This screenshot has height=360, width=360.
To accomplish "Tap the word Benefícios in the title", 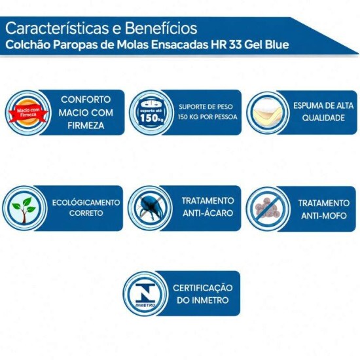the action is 161,28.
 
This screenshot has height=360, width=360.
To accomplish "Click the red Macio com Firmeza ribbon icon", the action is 28,113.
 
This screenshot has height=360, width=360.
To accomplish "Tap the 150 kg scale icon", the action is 152,113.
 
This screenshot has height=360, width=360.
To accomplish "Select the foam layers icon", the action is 268,113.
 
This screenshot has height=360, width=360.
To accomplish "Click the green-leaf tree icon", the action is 24,209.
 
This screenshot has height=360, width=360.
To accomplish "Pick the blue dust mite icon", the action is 151,208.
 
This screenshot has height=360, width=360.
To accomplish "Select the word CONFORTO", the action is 86,99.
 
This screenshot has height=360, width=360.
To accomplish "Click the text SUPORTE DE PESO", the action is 206,107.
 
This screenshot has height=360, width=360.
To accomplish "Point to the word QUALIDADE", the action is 323,118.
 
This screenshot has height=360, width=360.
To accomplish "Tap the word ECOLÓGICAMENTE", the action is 86,203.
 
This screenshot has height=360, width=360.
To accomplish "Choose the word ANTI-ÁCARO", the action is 207,213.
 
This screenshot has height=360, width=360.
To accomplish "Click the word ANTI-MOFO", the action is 324,216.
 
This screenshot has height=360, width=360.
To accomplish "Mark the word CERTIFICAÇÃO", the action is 202,288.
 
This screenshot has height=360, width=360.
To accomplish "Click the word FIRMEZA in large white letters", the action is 86,126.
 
